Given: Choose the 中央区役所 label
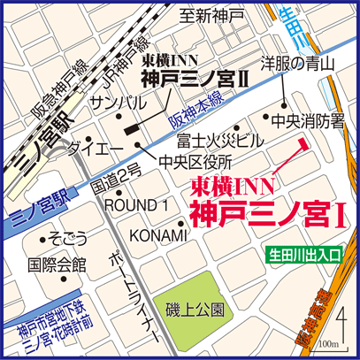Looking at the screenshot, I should click(196, 162).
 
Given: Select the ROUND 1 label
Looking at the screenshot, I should click(136, 205).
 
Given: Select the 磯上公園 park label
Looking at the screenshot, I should click(194, 310).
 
